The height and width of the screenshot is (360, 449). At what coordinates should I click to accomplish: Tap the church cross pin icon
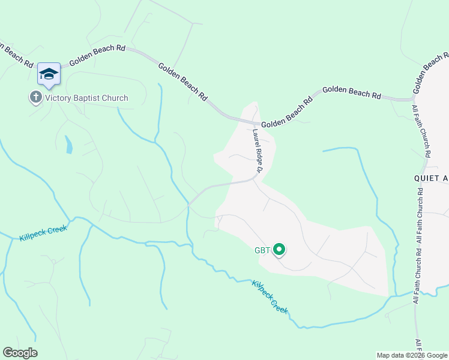pyautogui.click(x=35, y=97)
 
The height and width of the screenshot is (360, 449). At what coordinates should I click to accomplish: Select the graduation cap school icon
pyautogui.click(x=49, y=74)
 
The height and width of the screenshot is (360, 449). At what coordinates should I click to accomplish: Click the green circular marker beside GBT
pyautogui.click(x=279, y=249)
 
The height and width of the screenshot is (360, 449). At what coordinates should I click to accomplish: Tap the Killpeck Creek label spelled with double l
pyautogui.click(x=43, y=232)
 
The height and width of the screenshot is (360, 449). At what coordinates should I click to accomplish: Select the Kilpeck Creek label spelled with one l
pyautogui.click(x=270, y=297)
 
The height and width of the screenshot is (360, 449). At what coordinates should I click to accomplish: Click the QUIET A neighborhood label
pyautogui.click(x=431, y=178)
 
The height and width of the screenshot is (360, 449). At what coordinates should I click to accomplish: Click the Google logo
pyautogui.click(x=20, y=353)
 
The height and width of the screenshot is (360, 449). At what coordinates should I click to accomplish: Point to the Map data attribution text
pyautogui.click(x=412, y=355)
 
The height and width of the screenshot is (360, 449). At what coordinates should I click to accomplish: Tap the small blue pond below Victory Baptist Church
pyautogui.click(x=69, y=145)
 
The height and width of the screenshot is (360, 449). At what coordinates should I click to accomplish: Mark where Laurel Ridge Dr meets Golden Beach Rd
pyautogui.click(x=253, y=122)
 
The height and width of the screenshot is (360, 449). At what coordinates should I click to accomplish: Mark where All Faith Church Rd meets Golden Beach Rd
pyautogui.click(x=414, y=98)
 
